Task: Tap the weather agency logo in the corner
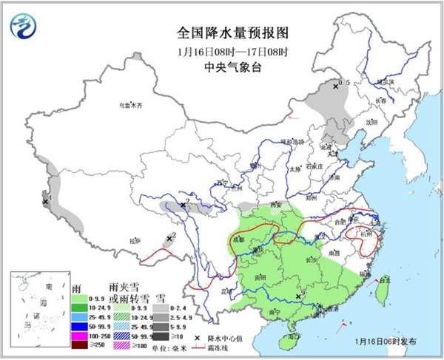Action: pos(24,27)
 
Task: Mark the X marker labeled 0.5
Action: pos(336,86)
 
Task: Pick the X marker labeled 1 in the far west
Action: pos(44,201)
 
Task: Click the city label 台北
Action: pos(384,280)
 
